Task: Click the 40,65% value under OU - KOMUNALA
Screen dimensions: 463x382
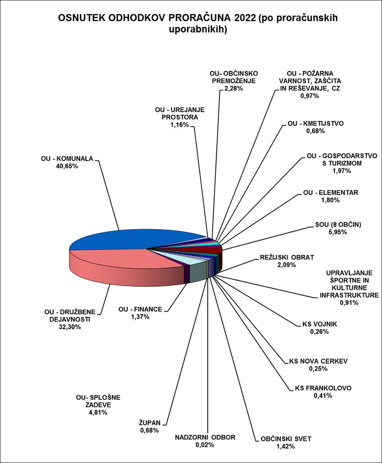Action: click(x=67, y=166)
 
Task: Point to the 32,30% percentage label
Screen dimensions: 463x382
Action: click(x=70, y=327)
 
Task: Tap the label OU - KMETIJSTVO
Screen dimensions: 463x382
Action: click(x=316, y=123)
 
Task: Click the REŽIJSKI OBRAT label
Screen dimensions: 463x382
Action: click(x=287, y=257)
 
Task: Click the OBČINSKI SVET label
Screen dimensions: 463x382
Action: click(x=286, y=439)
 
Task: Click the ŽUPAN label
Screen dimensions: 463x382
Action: click(x=149, y=423)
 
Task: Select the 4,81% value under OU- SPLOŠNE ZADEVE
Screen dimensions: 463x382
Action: click(x=98, y=412)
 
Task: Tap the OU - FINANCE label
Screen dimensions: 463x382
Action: click(x=140, y=309)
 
